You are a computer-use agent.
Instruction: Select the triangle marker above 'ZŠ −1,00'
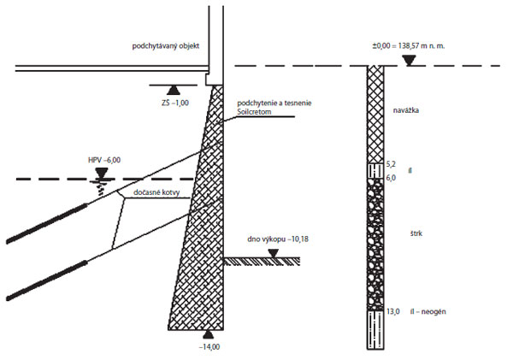click(172, 89)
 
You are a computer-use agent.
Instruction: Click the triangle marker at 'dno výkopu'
click(272, 253)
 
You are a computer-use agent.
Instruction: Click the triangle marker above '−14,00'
click(208, 334)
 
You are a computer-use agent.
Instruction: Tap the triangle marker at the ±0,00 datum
click(410, 61)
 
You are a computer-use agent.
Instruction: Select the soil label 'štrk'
click(416, 233)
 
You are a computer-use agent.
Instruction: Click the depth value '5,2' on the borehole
click(392, 162)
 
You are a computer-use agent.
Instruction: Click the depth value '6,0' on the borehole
click(392, 177)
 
